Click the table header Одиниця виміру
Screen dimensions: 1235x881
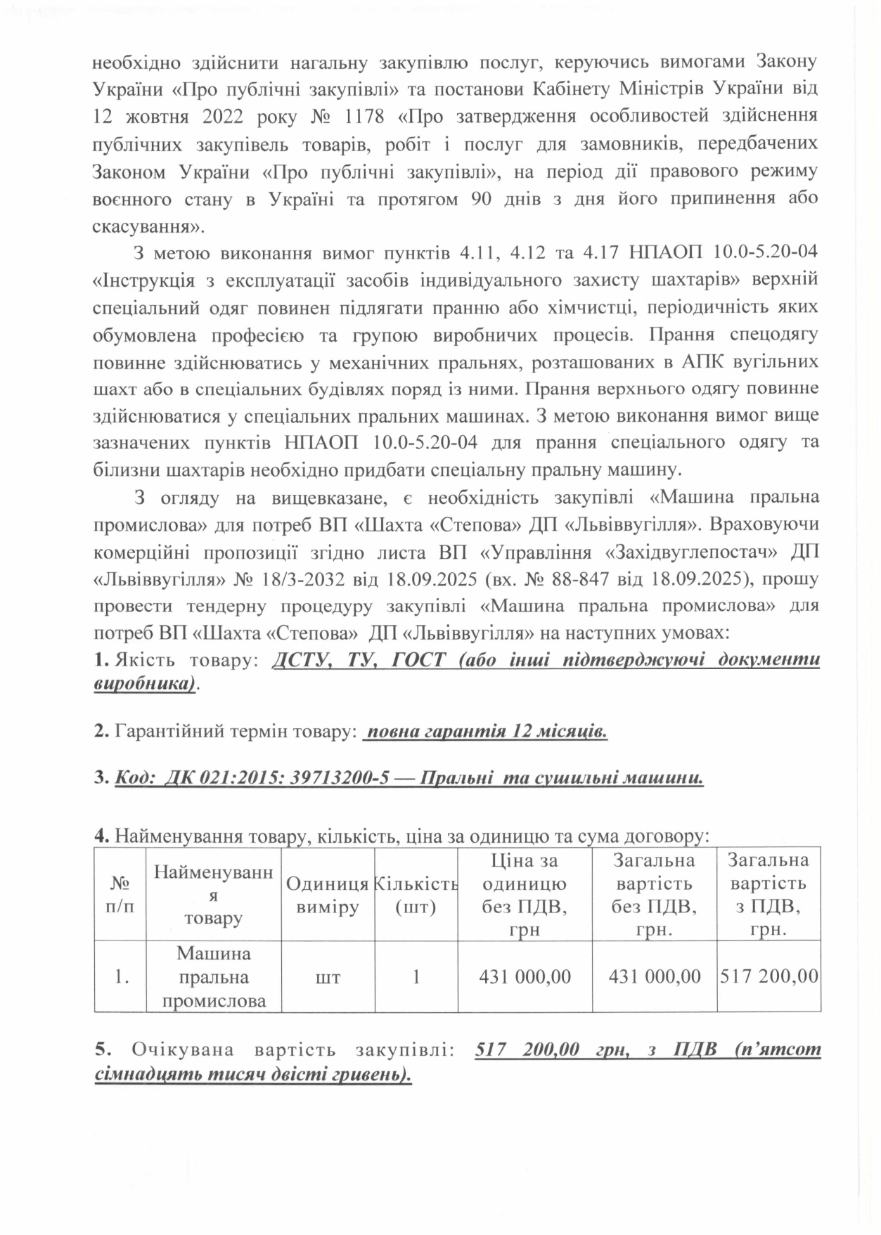328,895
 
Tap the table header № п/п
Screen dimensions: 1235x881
120,895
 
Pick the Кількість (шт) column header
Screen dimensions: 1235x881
416,895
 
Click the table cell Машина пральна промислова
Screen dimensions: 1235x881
214,977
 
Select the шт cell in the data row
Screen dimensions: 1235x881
328,977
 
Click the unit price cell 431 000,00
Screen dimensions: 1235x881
525,977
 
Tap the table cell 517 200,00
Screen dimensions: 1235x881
769,977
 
